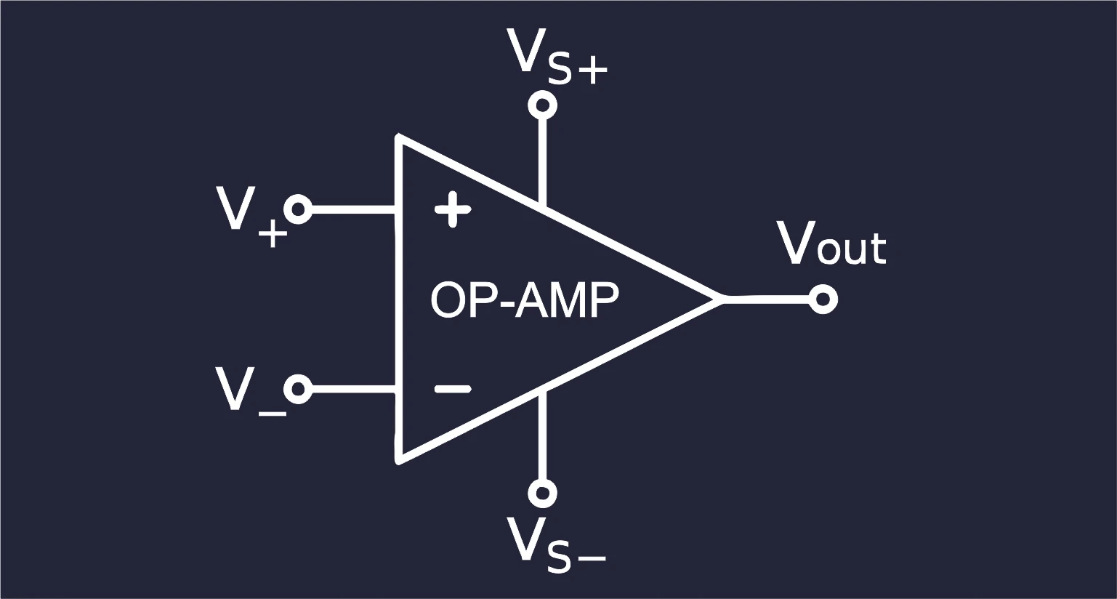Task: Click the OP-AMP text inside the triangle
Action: click(x=524, y=300)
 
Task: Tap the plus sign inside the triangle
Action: click(x=452, y=210)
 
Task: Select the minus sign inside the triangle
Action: click(x=452, y=388)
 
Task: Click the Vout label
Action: click(x=832, y=244)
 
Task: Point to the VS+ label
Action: click(x=557, y=56)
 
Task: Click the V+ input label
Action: click(x=252, y=217)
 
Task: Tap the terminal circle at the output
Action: click(x=823, y=299)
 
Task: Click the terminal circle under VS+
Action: click(x=543, y=105)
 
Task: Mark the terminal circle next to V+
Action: click(x=298, y=209)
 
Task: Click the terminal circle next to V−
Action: click(x=298, y=388)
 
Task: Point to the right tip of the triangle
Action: click(x=723, y=299)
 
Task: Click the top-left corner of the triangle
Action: click(x=398, y=136)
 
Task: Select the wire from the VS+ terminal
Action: click(x=543, y=163)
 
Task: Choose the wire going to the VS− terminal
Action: click(x=543, y=435)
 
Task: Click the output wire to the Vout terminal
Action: click(x=766, y=299)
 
